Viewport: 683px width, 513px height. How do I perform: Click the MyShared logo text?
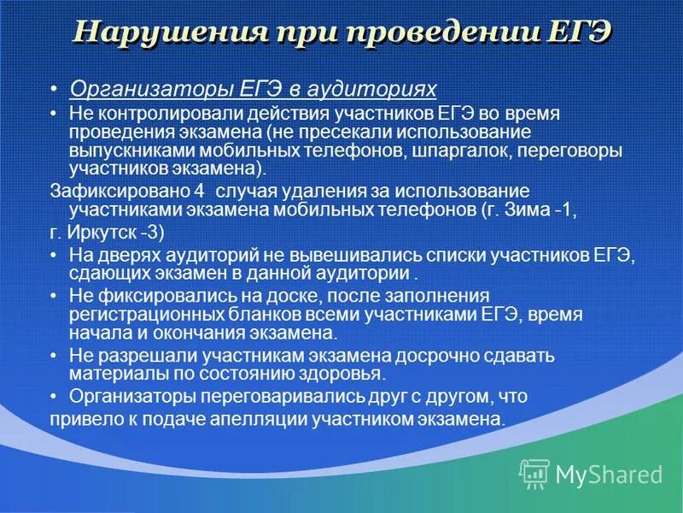pos(609,474)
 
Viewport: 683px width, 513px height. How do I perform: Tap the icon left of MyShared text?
pos(534,473)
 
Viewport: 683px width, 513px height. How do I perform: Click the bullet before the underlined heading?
pos(54,89)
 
